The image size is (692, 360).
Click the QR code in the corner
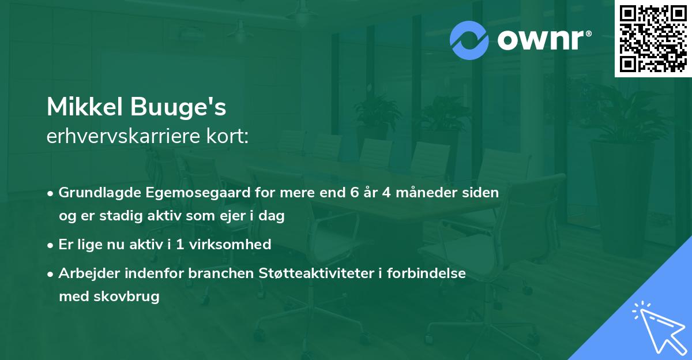pyautogui.click(x=653, y=38)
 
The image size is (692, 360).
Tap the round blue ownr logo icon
pyautogui.click(x=469, y=40)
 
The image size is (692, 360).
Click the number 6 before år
pyautogui.click(x=354, y=193)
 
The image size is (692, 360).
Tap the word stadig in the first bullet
pyautogui.click(x=113, y=216)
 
